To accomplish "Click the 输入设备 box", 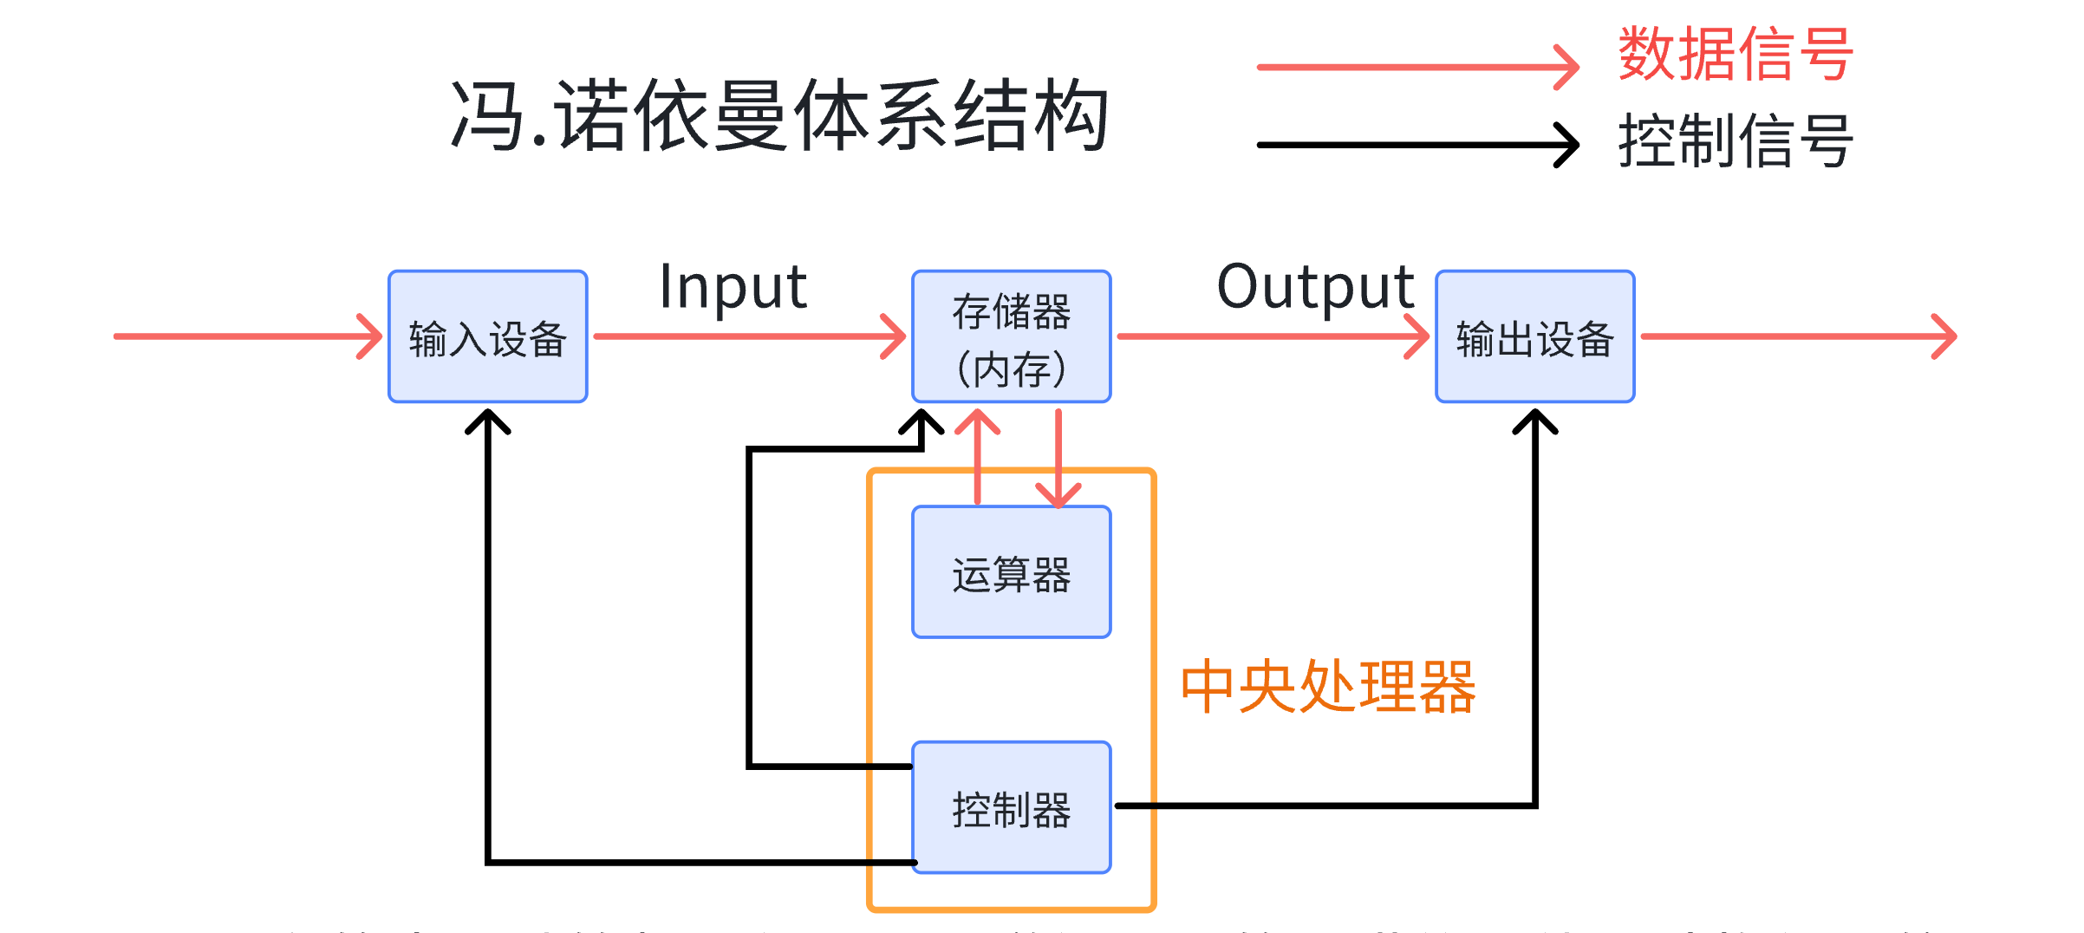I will click(488, 336).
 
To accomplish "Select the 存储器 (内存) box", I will click(1011, 336).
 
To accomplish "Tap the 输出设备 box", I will click(1534, 336).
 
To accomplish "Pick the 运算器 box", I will click(1011, 572).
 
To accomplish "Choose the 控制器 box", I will click(1011, 808).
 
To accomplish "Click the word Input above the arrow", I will click(733, 287).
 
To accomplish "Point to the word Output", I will click(1315, 287).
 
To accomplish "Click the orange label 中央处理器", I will click(1328, 687).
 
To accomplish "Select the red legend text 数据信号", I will click(1736, 55).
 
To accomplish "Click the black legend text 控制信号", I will click(1736, 141).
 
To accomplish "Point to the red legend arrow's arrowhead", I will click(1568, 67).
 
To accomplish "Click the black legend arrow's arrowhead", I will click(1568, 145).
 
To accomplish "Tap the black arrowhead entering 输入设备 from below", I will click(488, 421).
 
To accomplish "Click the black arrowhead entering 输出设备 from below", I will click(1534, 421).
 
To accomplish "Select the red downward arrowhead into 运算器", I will click(1058, 496).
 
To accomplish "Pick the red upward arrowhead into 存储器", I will click(978, 420).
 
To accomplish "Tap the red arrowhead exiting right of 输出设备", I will click(1946, 336).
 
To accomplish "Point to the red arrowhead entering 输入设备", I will click(371, 336).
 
